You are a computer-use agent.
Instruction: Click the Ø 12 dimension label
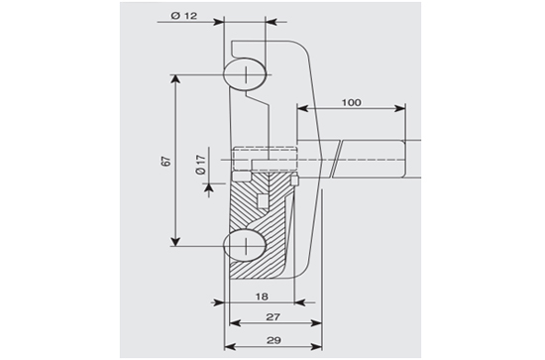coord(184,16)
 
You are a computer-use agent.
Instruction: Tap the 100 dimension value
coord(352,102)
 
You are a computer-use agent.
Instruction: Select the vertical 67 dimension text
coord(166,161)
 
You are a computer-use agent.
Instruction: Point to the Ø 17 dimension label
coord(201,165)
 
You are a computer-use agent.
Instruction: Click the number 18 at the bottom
coord(262,297)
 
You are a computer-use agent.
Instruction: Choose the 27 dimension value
coord(272,317)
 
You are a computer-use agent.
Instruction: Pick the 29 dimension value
coord(273,340)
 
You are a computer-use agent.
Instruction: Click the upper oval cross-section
coord(246,75)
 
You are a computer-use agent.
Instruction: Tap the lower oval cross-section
coord(246,245)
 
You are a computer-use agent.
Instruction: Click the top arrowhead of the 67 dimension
coord(175,79)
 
